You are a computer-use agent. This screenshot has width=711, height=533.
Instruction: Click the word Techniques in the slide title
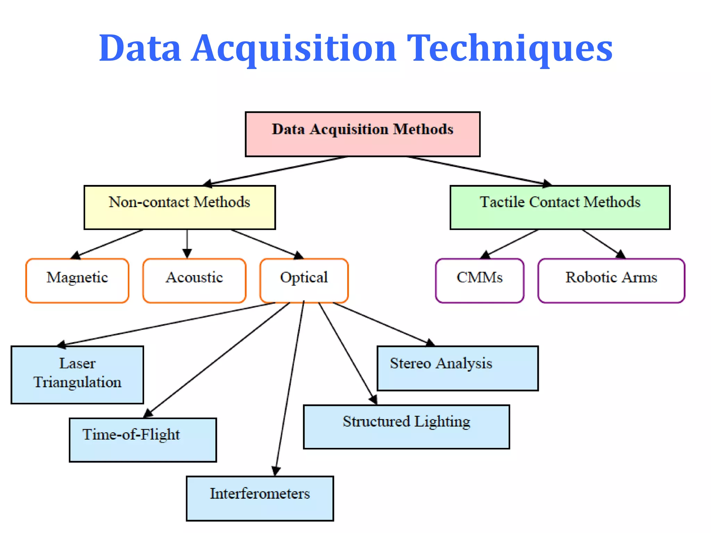pos(509,49)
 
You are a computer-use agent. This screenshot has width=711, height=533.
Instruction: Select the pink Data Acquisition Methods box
pos(362,134)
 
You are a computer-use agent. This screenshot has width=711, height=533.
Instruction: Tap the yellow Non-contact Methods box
pos(179,207)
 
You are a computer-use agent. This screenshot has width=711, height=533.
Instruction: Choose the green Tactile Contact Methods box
pos(560,207)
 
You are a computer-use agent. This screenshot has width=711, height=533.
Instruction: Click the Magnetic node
pos(77,280)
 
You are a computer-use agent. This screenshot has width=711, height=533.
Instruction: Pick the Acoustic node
pos(194,280)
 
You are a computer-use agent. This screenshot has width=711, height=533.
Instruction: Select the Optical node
pos(304,280)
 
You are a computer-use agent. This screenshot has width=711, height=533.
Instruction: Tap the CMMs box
pos(479,280)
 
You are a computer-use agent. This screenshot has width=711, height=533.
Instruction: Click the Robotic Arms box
pos(611,280)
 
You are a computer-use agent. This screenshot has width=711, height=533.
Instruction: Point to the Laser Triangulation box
pos(77,375)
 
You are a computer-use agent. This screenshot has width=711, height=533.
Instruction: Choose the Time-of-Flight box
pos(143,440)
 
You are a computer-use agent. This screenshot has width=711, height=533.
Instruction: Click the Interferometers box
pos(260,498)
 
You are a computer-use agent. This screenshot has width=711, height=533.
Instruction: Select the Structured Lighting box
pos(406,427)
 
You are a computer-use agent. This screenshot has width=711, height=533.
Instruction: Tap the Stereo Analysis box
pos(458,368)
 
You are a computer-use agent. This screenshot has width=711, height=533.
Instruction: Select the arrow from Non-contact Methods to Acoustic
pos(187,243)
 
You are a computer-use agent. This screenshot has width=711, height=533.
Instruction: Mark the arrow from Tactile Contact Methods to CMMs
pos(510,243)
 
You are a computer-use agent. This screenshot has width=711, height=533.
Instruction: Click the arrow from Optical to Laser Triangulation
pos(167,323)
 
